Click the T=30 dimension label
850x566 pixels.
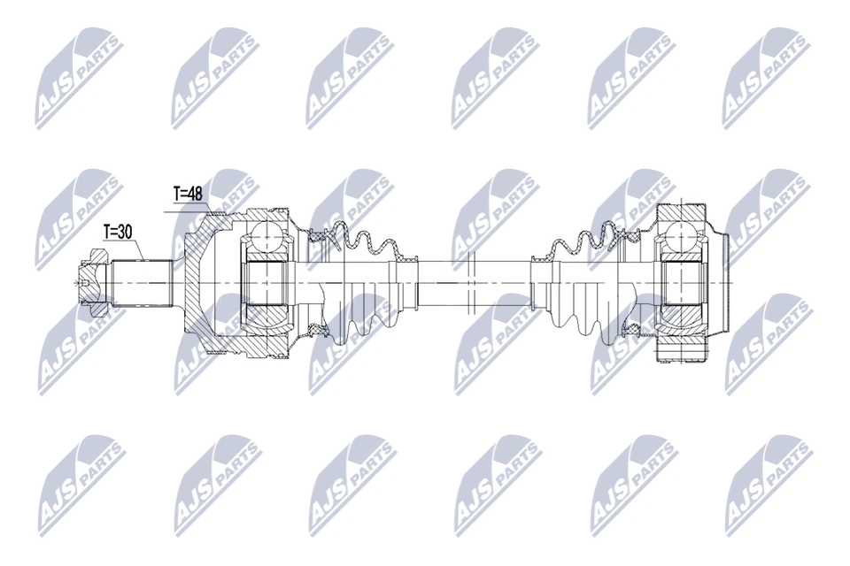point(118,232)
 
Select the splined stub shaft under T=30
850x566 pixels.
point(142,282)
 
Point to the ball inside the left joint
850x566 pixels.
point(266,237)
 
